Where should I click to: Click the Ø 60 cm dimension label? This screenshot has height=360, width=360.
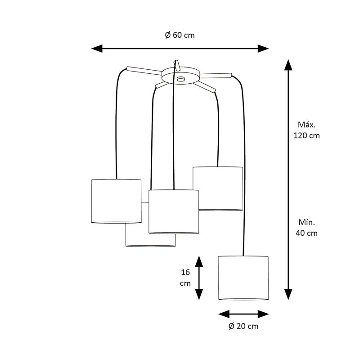(180, 35)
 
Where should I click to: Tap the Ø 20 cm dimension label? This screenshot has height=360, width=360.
(243, 326)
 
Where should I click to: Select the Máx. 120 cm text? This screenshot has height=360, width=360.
(307, 130)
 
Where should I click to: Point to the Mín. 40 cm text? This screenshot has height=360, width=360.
(307, 228)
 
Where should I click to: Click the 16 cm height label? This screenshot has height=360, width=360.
(185, 278)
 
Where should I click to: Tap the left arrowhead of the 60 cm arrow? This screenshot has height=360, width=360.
(97, 49)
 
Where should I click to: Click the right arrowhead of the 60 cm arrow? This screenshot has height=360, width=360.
(263, 49)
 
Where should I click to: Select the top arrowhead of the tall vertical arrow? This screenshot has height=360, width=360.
(288, 65)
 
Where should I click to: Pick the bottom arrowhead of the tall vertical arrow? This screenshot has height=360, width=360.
(288, 294)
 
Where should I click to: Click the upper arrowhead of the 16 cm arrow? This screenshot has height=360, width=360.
(199, 261)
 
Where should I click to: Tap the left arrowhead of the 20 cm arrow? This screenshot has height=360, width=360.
(224, 314)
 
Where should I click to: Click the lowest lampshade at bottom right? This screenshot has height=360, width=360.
(243, 278)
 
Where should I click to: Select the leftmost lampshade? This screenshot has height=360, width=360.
(116, 201)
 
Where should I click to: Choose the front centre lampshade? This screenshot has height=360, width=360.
(174, 211)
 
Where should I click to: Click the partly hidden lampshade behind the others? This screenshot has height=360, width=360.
(150, 240)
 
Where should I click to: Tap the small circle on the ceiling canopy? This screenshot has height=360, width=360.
(181, 79)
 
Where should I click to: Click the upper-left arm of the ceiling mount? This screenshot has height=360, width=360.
(144, 71)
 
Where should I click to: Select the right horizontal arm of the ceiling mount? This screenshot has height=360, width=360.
(216, 76)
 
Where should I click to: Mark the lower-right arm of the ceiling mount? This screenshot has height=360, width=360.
(204, 87)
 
